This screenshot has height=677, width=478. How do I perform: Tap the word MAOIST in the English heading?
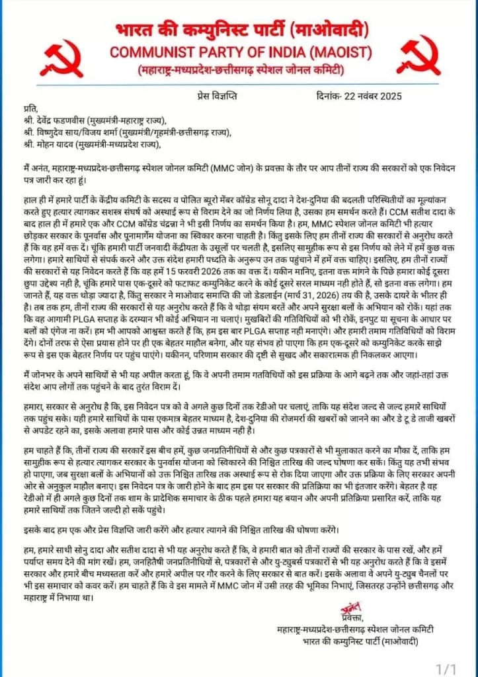[x=335, y=52]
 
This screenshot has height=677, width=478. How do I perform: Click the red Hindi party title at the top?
[x=239, y=31]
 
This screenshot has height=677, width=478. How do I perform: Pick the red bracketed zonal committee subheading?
[x=239, y=70]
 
